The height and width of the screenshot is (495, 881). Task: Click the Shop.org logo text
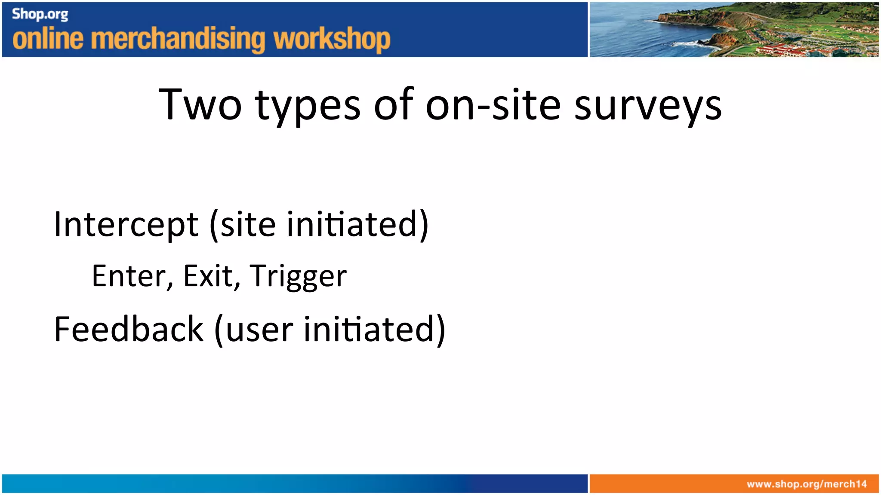40,14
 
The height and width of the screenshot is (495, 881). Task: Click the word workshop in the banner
332,40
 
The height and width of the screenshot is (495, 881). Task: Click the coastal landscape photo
734,29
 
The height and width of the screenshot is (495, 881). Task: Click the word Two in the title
200,104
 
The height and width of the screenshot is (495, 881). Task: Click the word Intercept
126,225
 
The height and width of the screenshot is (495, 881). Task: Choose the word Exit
208,276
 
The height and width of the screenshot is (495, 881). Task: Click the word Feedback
129,330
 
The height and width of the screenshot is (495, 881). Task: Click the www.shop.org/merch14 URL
807,484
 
